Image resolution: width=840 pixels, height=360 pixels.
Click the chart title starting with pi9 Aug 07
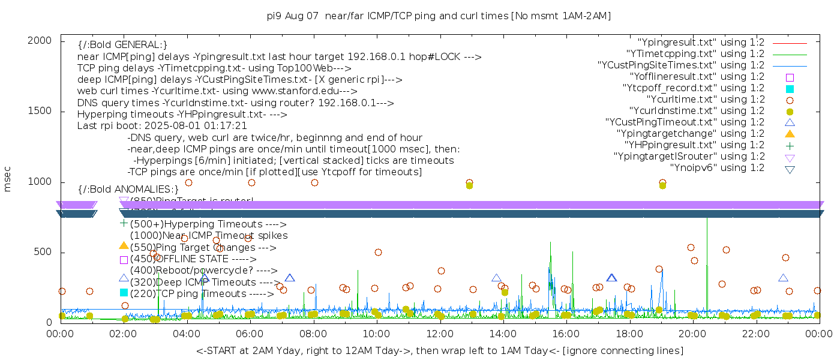coord(439,16)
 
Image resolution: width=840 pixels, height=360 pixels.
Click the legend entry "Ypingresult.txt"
coord(701,42)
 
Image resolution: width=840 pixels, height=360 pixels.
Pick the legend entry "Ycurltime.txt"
coord(705,99)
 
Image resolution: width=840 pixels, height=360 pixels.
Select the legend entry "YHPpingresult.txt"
coord(695,145)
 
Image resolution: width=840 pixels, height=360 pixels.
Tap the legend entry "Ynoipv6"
coord(717,167)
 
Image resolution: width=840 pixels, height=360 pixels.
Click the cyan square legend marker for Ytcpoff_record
coord(790,88)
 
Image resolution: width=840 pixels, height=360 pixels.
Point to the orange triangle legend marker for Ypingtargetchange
coord(790,133)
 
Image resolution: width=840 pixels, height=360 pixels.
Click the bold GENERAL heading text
coord(122,44)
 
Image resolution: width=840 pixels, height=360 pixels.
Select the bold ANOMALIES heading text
coord(128,189)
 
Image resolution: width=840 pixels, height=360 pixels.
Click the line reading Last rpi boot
coord(162,126)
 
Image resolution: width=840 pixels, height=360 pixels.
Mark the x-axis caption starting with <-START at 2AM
coord(439,350)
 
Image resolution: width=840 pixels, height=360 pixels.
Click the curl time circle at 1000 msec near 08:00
coord(314,182)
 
